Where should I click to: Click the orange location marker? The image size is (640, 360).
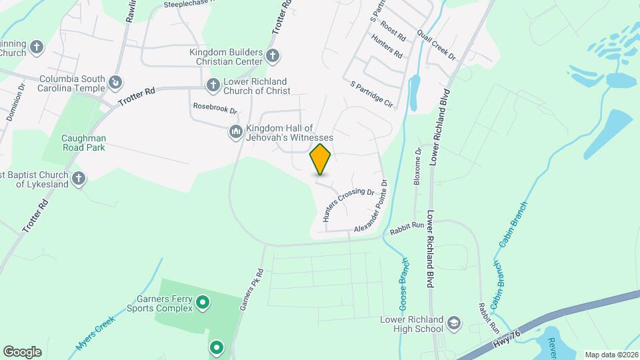[321, 159]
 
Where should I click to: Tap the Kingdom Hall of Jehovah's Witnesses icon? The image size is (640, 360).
[235, 132]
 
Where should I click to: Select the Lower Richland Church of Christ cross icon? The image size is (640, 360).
[213, 84]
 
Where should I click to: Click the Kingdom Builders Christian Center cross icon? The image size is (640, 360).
[272, 55]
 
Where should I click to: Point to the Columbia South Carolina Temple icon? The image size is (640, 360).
[116, 82]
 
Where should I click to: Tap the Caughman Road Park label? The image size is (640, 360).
[84, 143]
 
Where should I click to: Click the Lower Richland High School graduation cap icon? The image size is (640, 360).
[454, 323]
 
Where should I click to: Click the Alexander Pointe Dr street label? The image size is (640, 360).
[371, 206]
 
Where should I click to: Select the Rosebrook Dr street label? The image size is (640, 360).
[215, 107]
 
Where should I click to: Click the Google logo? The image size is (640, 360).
[22, 351]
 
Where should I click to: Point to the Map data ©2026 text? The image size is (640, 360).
[611, 355]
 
